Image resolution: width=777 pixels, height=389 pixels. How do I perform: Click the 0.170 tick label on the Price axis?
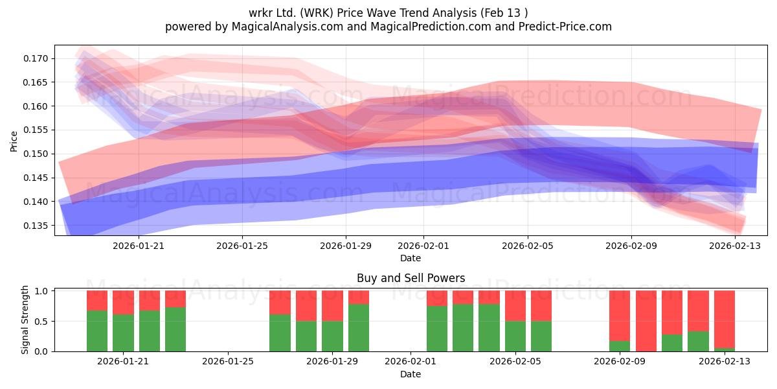(x=35, y=58)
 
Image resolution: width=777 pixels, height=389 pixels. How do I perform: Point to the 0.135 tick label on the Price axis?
(x=35, y=226)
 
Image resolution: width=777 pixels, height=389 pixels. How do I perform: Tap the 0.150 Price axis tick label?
(x=35, y=154)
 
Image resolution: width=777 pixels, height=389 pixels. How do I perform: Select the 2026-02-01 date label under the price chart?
(x=423, y=246)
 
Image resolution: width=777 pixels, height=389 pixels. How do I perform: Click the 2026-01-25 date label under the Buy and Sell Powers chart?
(x=227, y=361)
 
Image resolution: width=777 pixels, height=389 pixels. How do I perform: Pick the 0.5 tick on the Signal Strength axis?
(x=41, y=322)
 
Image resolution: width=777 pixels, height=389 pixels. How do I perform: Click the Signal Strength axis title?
(x=25, y=320)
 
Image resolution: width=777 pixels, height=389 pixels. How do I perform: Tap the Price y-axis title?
(x=14, y=141)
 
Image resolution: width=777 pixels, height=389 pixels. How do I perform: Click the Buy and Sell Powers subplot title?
(x=411, y=278)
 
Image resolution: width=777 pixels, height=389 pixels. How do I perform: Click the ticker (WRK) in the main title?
(x=317, y=13)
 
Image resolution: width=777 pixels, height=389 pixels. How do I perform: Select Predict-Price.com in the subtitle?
(x=565, y=27)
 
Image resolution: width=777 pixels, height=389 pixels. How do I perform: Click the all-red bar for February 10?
(x=646, y=321)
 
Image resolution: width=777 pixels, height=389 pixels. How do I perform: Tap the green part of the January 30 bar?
(x=359, y=328)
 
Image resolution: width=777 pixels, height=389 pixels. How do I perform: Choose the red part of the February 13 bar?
(x=725, y=319)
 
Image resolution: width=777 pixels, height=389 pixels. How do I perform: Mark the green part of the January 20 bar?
(x=97, y=331)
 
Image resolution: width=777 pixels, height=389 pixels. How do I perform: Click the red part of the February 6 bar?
(x=541, y=305)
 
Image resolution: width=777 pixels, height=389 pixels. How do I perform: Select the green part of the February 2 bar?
(x=437, y=329)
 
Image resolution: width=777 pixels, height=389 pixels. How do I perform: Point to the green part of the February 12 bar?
(x=698, y=342)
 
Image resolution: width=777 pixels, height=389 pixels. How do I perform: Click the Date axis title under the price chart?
(x=411, y=258)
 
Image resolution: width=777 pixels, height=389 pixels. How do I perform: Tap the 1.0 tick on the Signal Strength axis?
(x=41, y=290)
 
